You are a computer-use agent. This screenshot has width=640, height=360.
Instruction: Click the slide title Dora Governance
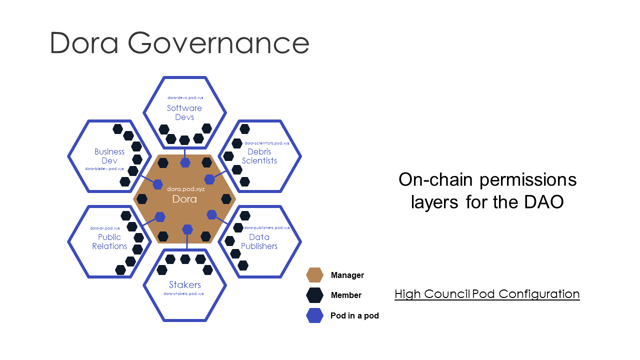179,43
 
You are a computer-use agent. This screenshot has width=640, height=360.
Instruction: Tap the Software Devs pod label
184,112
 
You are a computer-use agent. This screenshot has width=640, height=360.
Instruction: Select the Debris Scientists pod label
259,156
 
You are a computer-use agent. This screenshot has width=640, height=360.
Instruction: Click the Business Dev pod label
109,156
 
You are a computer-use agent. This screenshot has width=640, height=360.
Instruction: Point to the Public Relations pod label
109,241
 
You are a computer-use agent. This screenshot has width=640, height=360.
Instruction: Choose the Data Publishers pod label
259,241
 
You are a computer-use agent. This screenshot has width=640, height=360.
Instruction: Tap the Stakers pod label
185,285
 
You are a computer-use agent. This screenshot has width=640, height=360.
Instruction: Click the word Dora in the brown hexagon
184,199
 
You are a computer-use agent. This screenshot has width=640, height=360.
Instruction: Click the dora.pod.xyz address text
185,189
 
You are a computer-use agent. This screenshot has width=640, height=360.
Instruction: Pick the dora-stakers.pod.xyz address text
183,294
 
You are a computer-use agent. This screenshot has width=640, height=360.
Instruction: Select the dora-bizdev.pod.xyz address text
104,169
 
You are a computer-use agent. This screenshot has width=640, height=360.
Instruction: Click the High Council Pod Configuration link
487,294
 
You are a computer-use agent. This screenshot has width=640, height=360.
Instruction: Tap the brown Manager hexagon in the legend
314,275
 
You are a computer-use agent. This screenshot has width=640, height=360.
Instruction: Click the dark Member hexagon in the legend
314,295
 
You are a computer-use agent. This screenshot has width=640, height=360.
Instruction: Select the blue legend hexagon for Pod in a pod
314,316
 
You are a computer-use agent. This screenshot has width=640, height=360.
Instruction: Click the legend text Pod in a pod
354,316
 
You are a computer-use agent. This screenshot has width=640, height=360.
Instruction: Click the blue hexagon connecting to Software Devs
185,162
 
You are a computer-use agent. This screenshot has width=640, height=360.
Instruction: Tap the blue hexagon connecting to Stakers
187,229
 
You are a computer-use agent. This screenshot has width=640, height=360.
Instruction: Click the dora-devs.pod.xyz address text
185,98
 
